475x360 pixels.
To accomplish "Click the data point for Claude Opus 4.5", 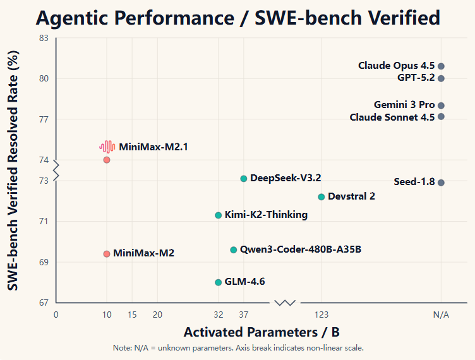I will [x=441, y=66].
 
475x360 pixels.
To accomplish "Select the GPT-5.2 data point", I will [x=441, y=78].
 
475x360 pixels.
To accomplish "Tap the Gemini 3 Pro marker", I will [x=441, y=105].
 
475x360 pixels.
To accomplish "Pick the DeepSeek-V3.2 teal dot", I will [x=244, y=179].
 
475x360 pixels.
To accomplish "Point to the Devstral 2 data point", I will [x=322, y=197].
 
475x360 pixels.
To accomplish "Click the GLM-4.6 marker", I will [x=219, y=282].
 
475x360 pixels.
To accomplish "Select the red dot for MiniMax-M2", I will [x=107, y=254].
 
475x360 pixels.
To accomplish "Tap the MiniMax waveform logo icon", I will [x=107, y=147].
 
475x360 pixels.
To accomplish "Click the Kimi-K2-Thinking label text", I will [x=266, y=215].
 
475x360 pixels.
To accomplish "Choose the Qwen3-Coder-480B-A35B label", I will [x=301, y=249].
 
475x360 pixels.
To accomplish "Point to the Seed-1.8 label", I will [x=414, y=182].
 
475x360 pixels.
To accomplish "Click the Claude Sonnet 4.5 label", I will [x=392, y=117].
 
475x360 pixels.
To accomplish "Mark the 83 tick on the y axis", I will [x=44, y=39].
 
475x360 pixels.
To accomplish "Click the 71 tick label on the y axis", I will [x=44, y=222].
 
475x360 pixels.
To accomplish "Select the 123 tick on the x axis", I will [x=322, y=315].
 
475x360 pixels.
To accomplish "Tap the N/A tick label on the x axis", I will [x=441, y=315].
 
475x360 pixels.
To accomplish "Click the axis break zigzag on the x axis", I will [x=286, y=303].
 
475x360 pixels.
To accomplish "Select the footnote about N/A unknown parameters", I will [x=238, y=348].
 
